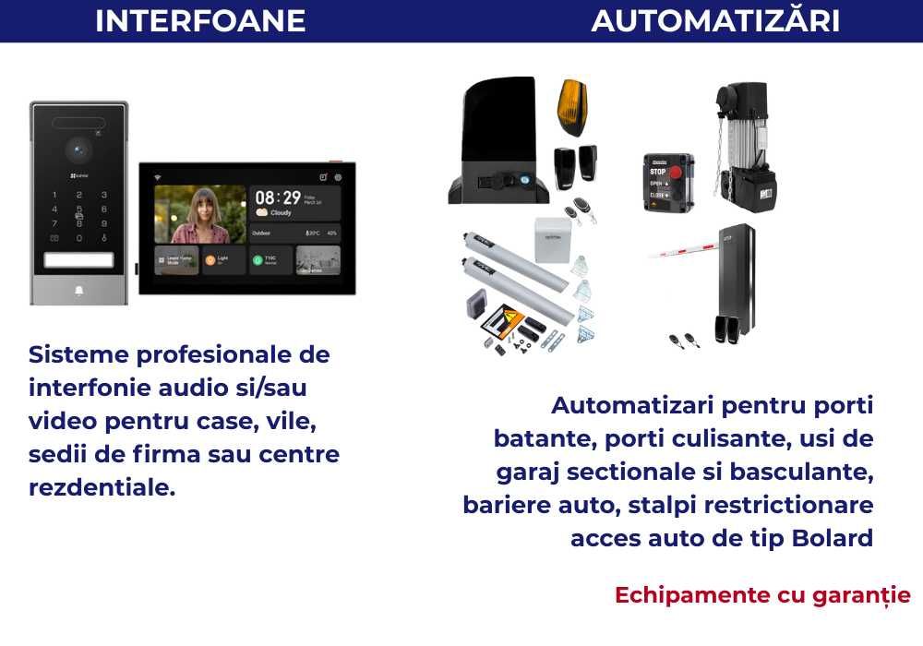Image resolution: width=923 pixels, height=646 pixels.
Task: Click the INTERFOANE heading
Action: point(200,20)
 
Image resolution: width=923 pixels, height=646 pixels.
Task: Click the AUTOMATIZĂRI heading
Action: point(715,20)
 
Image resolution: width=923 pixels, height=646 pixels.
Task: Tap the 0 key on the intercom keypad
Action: point(78,237)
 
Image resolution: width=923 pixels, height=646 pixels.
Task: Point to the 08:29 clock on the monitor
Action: point(278,197)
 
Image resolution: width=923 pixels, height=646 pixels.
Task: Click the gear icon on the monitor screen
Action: point(338,177)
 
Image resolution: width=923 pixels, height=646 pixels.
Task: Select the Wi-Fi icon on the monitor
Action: point(157,176)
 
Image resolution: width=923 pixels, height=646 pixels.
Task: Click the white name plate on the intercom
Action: point(78,259)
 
